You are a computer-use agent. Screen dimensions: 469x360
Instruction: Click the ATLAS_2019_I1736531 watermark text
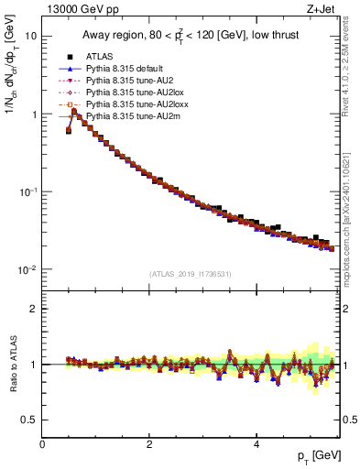[x=191, y=274]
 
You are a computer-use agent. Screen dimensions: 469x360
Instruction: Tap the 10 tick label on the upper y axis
[x=31, y=37]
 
